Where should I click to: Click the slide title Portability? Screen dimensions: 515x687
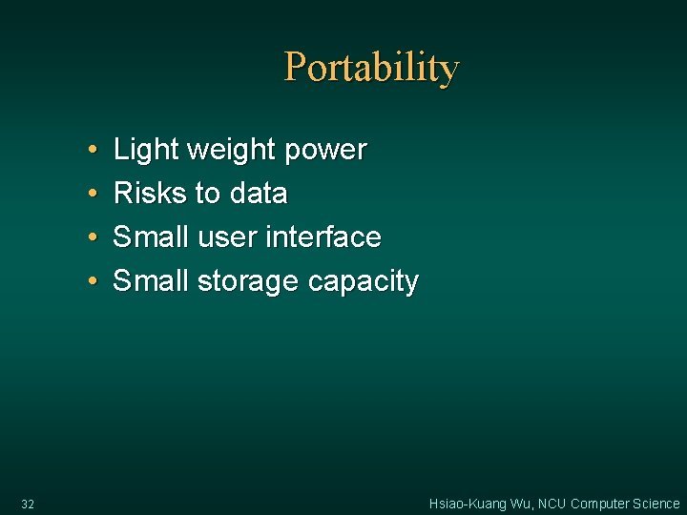371,68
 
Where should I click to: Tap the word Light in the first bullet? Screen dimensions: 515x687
147,150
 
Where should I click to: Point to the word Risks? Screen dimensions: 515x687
150,194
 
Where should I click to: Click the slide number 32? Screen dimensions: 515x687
27,504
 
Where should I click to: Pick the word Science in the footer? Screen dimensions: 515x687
656,504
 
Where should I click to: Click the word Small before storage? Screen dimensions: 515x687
152,281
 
